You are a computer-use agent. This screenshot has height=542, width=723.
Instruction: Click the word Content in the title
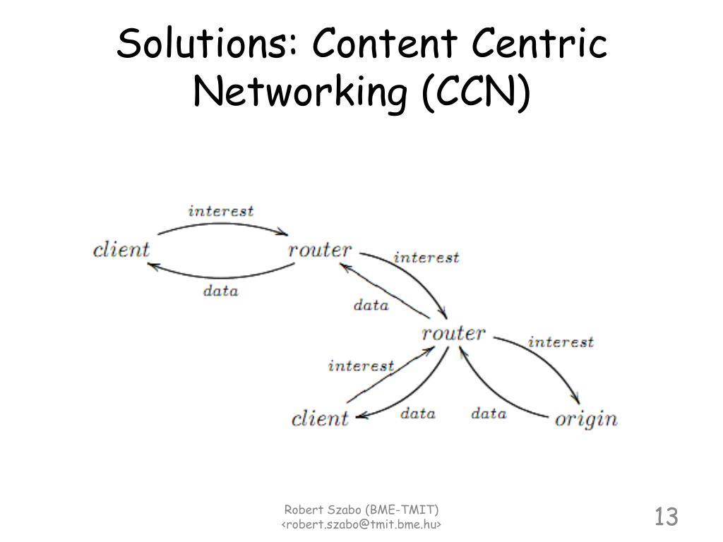point(386,45)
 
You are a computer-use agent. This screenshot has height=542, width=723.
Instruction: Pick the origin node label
point(585,418)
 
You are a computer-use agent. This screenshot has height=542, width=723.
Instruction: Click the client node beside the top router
point(121,250)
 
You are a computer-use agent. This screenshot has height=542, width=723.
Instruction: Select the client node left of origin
point(320,418)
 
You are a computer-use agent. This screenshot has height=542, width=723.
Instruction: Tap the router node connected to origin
point(453,333)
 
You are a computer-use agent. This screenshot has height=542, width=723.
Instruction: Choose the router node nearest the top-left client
point(320,250)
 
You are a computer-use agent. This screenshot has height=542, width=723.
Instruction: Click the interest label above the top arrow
point(220,211)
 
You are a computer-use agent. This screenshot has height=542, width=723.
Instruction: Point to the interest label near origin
point(561,342)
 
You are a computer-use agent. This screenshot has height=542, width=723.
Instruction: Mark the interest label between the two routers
point(426,258)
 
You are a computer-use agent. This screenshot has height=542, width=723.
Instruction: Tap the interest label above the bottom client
point(361,366)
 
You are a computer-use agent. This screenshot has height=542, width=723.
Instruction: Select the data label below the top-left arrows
point(220,291)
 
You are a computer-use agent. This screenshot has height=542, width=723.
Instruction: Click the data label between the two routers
point(371,306)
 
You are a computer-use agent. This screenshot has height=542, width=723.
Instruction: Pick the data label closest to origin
point(489,414)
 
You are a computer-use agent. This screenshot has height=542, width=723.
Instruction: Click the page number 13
point(666,516)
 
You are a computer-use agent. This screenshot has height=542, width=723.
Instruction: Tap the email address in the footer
point(361,524)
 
